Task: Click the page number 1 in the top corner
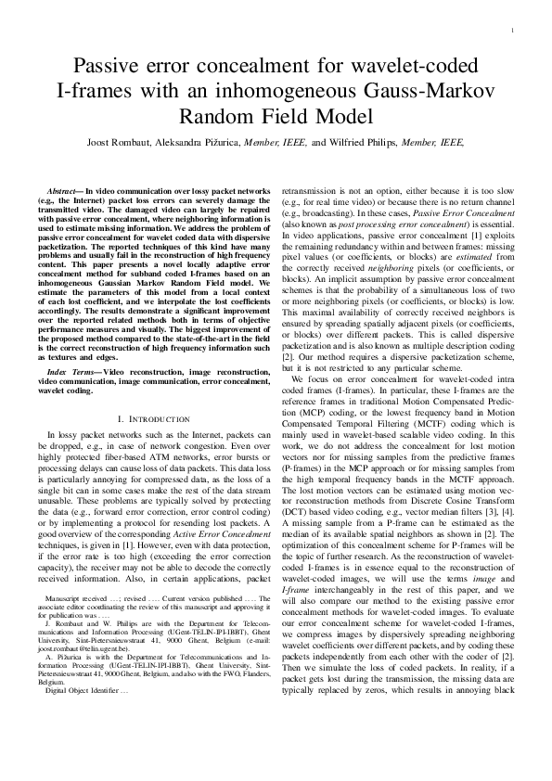click(x=512, y=32)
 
